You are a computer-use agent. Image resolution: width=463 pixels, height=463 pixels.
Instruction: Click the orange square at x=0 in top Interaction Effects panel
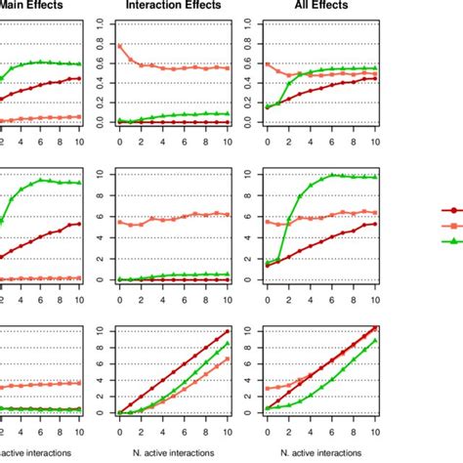coord(119,46)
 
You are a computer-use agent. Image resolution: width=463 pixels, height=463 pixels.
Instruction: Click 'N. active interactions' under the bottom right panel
coord(321,452)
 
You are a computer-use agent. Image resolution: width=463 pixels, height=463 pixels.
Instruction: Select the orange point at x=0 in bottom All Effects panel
coord(268,389)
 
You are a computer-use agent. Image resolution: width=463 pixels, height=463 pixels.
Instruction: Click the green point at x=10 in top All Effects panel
coord(376,68)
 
